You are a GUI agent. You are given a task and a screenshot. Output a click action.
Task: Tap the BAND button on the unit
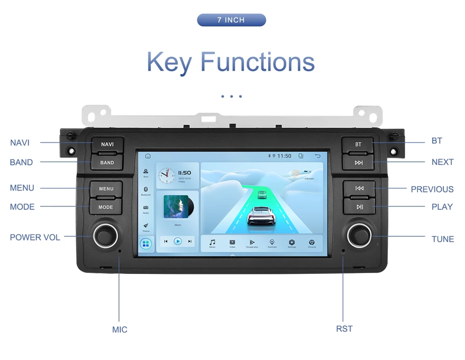click(107, 162)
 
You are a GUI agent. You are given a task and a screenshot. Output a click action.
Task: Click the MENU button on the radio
click(106, 188)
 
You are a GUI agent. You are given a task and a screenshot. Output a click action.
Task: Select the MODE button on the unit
click(106, 207)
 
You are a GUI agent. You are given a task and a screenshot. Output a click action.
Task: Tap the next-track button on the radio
click(358, 162)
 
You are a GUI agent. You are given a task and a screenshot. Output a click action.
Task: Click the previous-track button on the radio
click(359, 188)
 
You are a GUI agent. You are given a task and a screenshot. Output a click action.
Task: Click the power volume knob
click(105, 235)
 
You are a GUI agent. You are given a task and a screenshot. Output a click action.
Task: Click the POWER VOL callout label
click(35, 237)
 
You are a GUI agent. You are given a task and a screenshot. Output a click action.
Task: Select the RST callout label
click(344, 329)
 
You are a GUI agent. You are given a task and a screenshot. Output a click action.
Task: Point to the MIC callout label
click(120, 330)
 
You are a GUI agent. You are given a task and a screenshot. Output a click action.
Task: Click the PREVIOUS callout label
click(432, 189)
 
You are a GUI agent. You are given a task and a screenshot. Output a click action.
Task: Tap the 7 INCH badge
click(231, 20)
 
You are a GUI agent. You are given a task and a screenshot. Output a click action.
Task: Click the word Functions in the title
click(258, 62)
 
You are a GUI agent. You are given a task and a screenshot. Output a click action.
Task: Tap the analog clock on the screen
click(167, 175)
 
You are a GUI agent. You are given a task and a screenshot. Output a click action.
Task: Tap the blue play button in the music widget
click(178, 241)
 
